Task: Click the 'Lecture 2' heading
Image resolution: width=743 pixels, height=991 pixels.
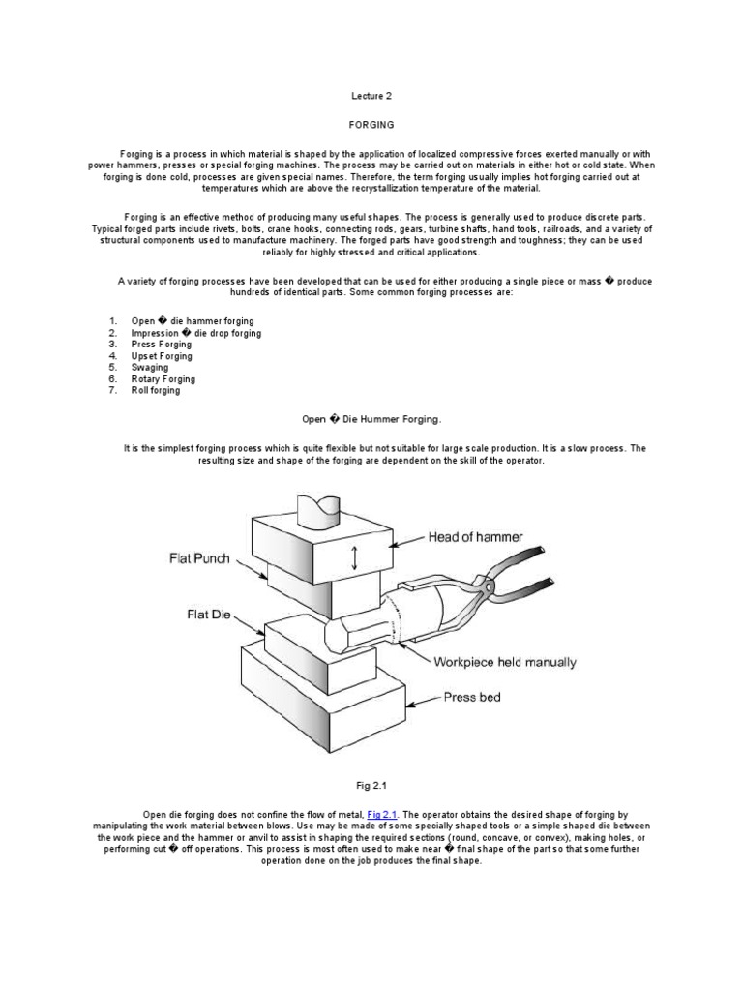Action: (371, 96)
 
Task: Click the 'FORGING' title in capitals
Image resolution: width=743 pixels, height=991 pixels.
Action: (371, 125)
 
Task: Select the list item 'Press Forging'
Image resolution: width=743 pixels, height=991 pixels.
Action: (162, 345)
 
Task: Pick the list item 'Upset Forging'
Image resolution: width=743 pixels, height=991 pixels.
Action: (162, 356)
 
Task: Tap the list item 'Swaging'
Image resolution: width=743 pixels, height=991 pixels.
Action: (150, 368)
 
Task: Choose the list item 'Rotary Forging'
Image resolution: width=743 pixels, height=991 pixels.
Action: (163, 379)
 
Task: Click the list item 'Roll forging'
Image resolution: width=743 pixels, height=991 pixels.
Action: (156, 391)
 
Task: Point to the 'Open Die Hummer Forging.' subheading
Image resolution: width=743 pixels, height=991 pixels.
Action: (371, 420)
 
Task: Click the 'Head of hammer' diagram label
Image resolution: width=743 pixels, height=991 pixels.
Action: (478, 538)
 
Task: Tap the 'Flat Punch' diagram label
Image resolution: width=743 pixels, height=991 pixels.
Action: (201, 558)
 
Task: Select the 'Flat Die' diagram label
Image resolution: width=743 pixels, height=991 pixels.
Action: (209, 615)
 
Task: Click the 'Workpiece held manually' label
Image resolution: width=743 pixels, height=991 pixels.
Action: (505, 663)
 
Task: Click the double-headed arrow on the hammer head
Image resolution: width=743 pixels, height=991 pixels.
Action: (355, 556)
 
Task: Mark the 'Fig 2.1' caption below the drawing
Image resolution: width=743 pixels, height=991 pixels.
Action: (371, 786)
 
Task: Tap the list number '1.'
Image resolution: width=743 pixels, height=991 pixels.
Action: (112, 321)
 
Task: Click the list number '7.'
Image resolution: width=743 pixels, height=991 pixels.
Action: (112, 391)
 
